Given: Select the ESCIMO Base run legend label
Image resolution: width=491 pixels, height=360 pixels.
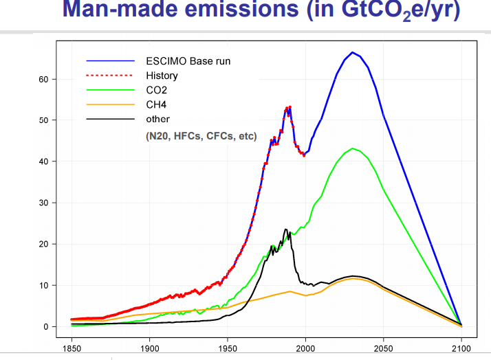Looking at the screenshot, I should (x=188, y=61).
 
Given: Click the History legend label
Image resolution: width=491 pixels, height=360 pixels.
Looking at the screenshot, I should (x=162, y=76).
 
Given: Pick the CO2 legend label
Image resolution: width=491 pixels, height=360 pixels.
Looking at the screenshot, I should (x=157, y=90).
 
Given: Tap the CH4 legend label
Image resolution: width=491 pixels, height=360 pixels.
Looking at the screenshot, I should (x=156, y=104).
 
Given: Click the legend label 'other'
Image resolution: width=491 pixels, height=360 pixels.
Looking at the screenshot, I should (x=157, y=119).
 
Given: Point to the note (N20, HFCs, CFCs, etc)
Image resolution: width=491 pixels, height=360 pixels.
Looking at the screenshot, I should (x=201, y=137).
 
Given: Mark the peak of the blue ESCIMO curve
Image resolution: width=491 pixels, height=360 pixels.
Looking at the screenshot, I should (x=352, y=52).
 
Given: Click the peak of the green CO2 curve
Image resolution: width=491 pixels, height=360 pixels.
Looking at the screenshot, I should (x=352, y=148).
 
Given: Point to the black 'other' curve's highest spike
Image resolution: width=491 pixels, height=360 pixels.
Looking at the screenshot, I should (x=285, y=229).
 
